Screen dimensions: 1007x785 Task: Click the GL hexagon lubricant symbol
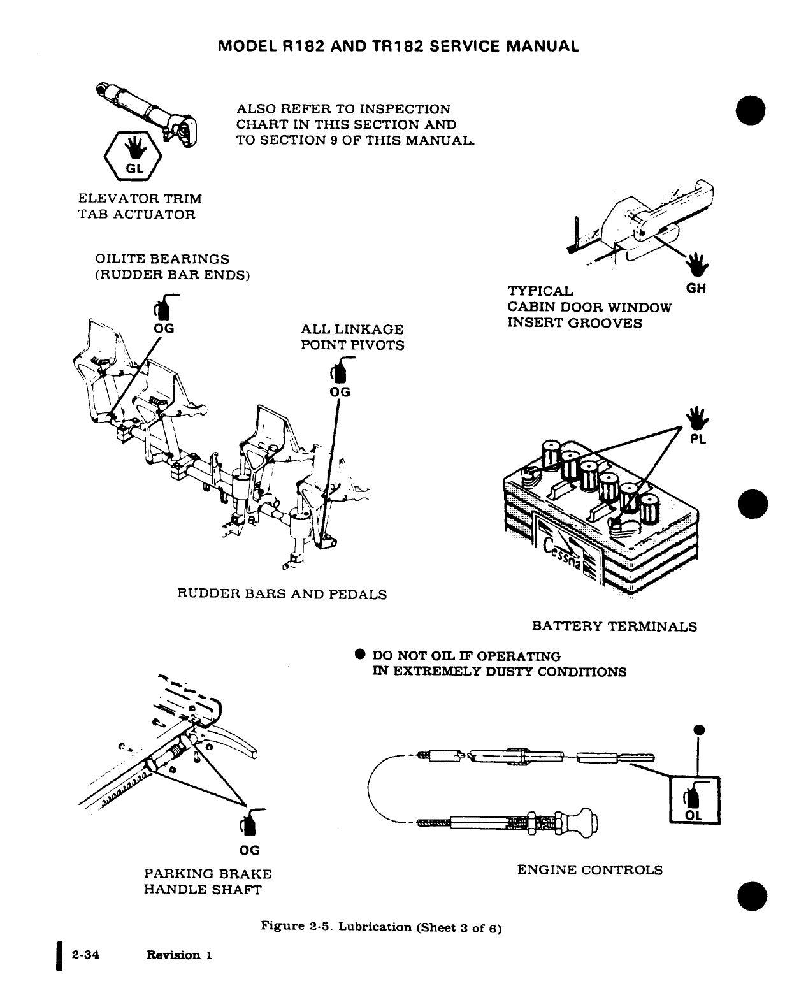click(133, 156)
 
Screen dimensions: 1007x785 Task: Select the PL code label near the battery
click(698, 439)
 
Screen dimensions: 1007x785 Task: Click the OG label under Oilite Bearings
click(165, 329)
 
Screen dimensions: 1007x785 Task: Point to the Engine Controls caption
click(589, 870)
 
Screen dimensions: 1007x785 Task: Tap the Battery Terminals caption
click(614, 627)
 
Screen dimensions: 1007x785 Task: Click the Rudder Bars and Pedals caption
click(282, 595)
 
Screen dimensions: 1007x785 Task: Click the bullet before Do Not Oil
click(359, 655)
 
